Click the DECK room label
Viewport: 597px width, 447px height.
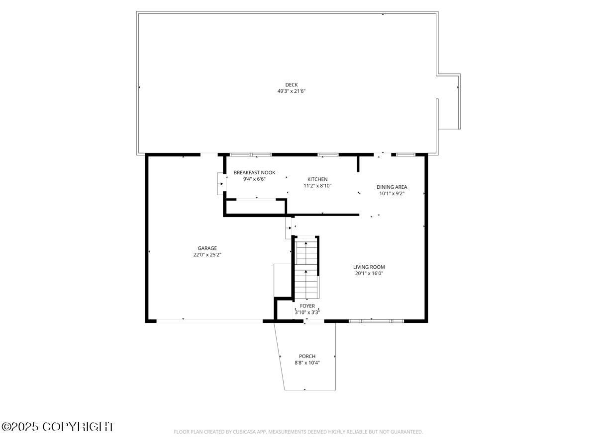point(292,85)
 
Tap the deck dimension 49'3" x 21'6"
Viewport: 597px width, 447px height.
point(292,91)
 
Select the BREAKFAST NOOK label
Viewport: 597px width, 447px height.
point(254,173)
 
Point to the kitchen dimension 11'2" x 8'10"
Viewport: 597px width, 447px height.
point(317,186)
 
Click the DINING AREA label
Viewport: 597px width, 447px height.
point(392,187)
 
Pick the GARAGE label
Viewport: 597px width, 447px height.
point(207,248)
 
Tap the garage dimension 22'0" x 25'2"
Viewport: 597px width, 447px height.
point(207,255)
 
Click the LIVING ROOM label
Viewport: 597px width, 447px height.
point(369,267)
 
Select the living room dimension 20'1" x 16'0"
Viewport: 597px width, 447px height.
point(369,273)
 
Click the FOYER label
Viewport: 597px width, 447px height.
point(307,306)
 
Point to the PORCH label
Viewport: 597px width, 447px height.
point(307,356)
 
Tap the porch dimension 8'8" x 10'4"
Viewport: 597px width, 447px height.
point(307,363)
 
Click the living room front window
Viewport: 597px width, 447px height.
point(376,321)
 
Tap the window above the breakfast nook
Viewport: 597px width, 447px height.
point(251,154)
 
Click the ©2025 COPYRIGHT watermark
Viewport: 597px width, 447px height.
point(58,427)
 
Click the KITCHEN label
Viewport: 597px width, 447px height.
point(317,179)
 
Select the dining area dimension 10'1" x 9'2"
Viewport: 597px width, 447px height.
point(392,194)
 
